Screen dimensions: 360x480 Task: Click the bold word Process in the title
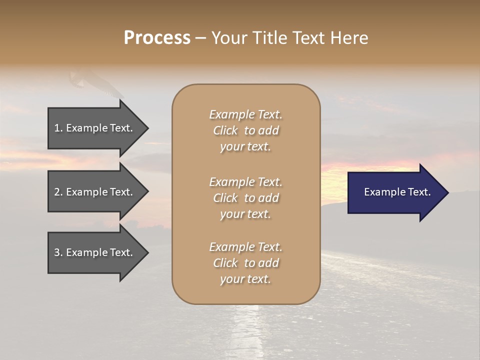(x=157, y=38)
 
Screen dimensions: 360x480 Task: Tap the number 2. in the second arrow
(x=58, y=192)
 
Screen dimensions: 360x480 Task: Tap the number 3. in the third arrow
(x=58, y=252)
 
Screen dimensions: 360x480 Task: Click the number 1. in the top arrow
(x=58, y=128)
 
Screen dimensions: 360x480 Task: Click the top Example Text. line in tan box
(x=245, y=115)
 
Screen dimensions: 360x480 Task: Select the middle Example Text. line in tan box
(x=245, y=182)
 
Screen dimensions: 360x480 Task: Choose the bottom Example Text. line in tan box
(x=245, y=247)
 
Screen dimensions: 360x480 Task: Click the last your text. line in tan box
(x=245, y=279)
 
